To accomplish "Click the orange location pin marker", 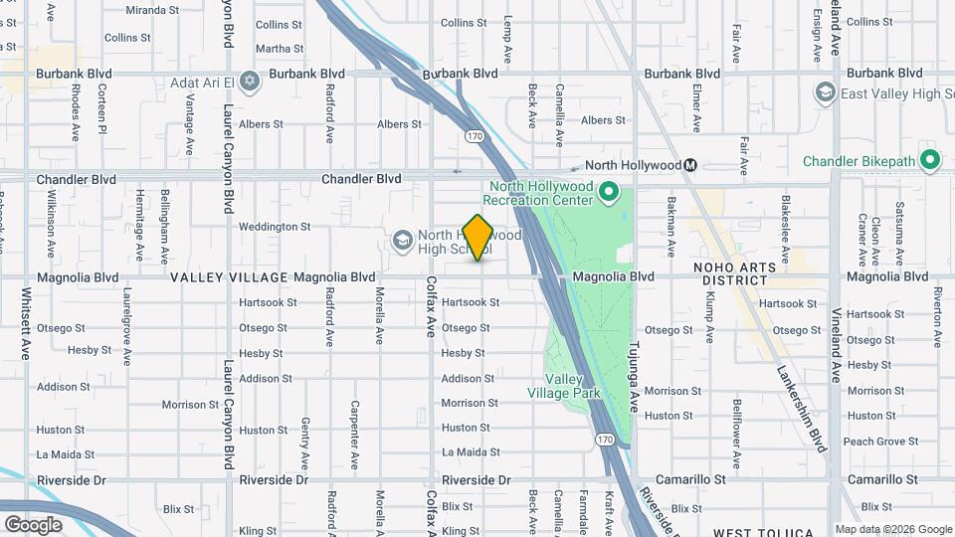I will coord(477,238).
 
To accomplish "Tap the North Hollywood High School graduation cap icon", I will coord(402,240).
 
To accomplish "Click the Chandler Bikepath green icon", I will coord(930,159).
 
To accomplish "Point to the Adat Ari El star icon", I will coord(250,81).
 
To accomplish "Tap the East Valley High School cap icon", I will coord(825,93).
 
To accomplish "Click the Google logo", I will coord(33,524).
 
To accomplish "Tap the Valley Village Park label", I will coord(572,386).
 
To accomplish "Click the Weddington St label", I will coord(275,227).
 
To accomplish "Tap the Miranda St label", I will coord(151,10).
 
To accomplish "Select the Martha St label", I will coord(272,48).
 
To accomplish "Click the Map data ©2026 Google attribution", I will coord(892,529).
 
